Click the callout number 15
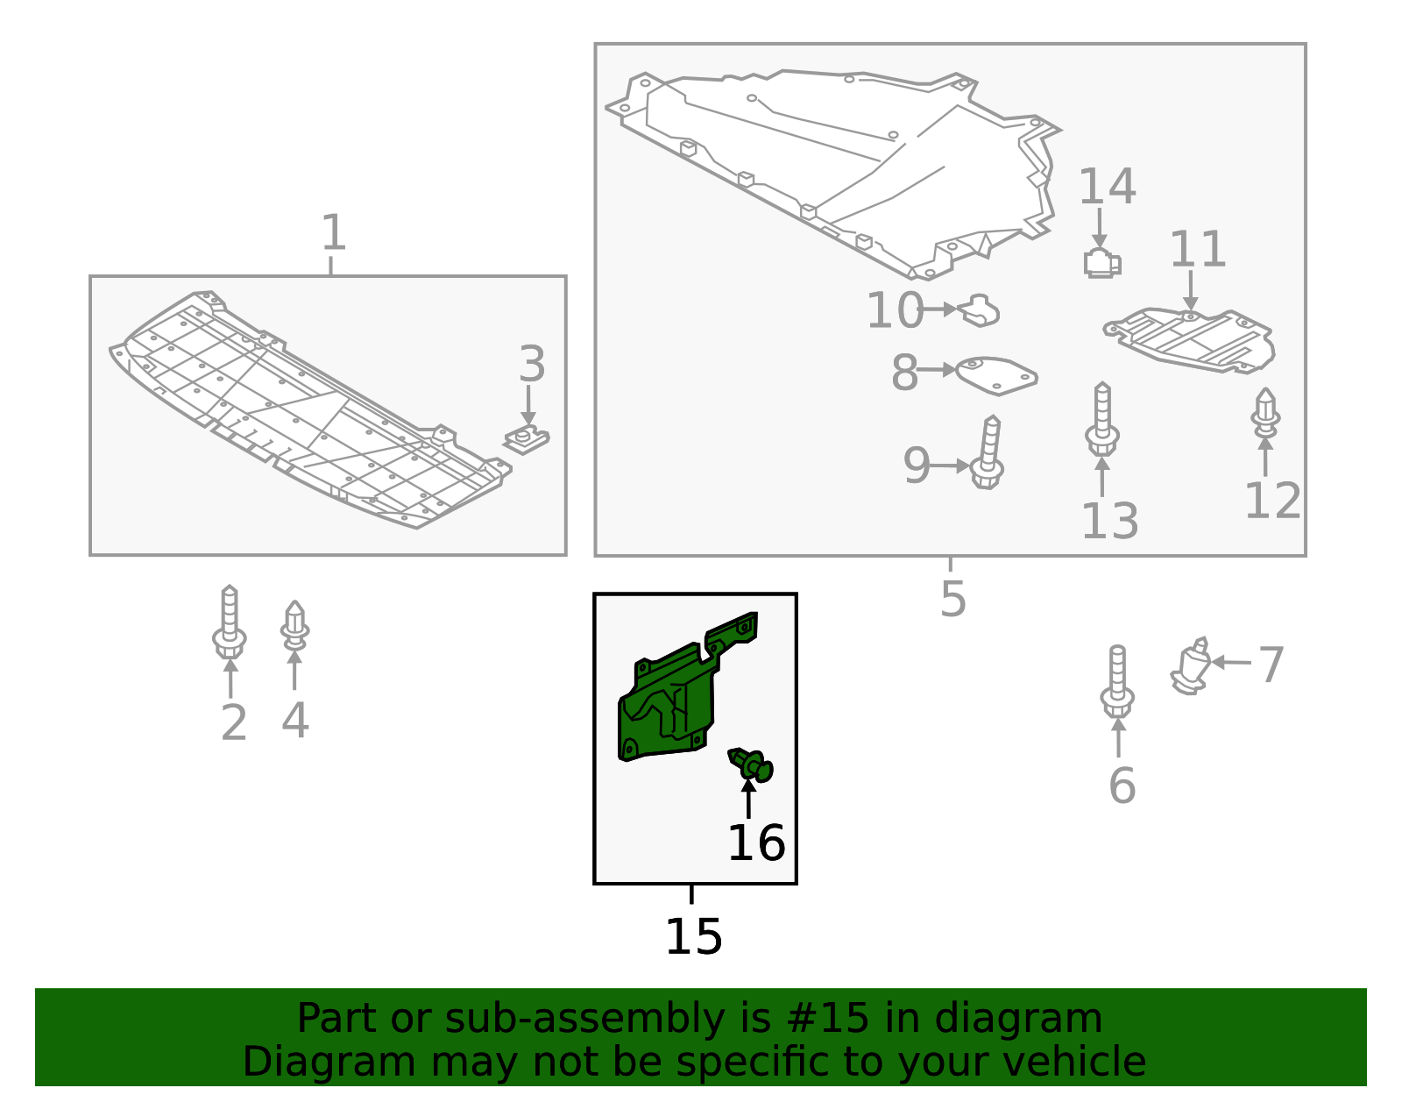click(x=693, y=937)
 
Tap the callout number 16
click(x=756, y=843)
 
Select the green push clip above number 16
click(x=750, y=764)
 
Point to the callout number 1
click(x=334, y=232)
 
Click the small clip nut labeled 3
click(x=526, y=440)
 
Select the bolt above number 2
click(x=229, y=622)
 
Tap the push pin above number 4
click(x=294, y=624)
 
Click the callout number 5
click(x=953, y=599)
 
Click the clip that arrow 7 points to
click(x=1190, y=667)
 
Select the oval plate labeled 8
click(x=995, y=375)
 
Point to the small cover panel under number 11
click(x=1189, y=341)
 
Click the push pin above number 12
click(x=1265, y=413)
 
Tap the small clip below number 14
click(x=1102, y=263)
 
